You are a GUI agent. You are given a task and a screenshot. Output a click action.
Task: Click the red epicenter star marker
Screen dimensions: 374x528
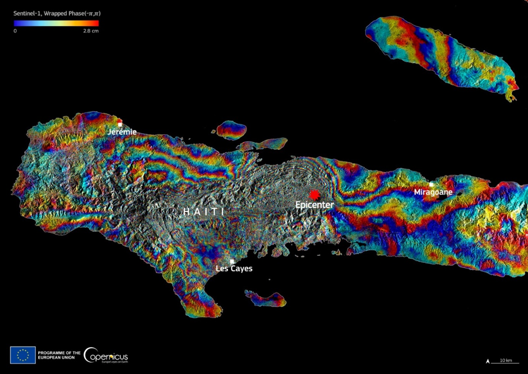(315, 194)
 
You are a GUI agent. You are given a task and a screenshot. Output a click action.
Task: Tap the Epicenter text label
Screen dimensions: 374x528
(315, 205)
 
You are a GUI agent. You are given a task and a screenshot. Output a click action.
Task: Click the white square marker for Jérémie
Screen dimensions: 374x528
(120, 124)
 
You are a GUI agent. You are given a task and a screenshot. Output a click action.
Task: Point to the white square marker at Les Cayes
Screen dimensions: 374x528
(232, 261)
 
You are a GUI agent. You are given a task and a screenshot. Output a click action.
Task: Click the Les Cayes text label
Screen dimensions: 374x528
(234, 269)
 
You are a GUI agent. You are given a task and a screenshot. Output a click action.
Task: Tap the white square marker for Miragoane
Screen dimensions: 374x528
(431, 184)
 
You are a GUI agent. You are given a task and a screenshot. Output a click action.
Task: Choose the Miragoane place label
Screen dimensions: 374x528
(433, 192)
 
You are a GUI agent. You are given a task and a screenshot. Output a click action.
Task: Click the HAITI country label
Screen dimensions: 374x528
(203, 211)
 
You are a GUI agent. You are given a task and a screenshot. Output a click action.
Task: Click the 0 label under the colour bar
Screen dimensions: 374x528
(15, 31)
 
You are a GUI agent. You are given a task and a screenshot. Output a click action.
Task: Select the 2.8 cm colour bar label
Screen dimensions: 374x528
(90, 31)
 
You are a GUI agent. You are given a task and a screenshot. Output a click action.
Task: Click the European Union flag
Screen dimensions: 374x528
(22, 355)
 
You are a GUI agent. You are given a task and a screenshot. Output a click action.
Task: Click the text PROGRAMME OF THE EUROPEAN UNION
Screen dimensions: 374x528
(59, 355)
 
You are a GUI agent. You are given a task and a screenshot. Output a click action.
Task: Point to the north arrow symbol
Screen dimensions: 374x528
(488, 361)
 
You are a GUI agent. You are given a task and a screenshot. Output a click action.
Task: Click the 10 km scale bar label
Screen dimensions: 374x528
(506, 360)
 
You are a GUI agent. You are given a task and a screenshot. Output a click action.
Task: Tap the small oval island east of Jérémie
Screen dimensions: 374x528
(231, 130)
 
